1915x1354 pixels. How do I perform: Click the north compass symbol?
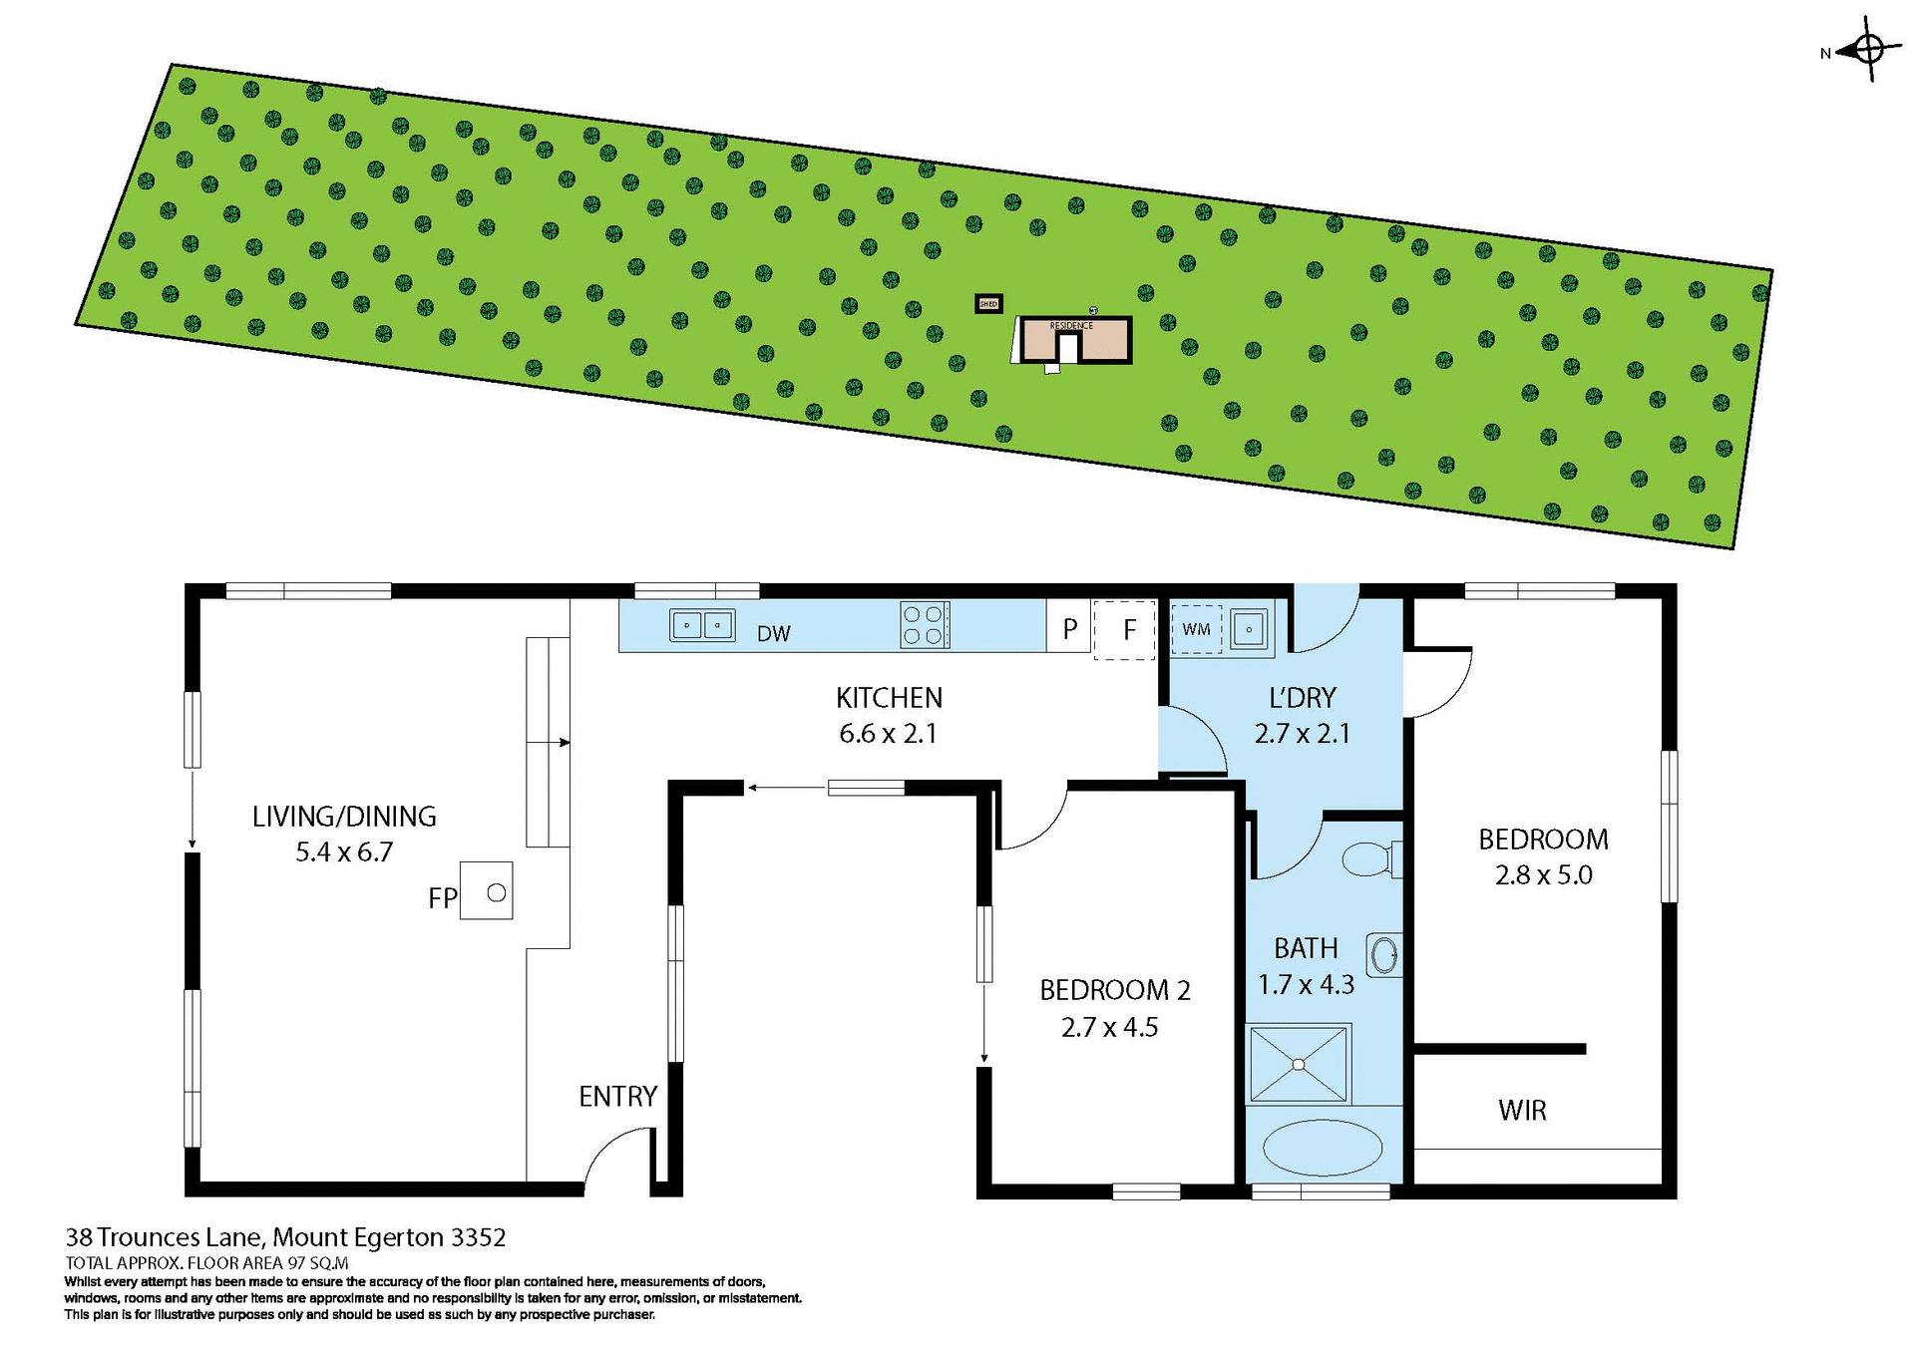tap(1869, 49)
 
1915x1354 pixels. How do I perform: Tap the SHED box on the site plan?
tap(988, 303)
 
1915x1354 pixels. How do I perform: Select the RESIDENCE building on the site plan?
tap(1075, 340)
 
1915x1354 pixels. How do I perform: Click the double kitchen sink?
tap(702, 625)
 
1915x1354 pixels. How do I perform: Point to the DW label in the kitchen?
tap(774, 634)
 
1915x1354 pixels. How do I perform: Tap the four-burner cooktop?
tap(924, 625)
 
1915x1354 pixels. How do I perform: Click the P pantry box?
tap(1069, 628)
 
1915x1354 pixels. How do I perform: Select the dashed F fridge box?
tap(1125, 629)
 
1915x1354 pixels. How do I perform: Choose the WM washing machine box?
tap(1196, 629)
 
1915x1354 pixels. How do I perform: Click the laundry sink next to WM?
tap(1249, 629)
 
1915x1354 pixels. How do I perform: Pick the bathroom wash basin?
tap(1383, 955)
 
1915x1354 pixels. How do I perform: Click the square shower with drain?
tap(1299, 1064)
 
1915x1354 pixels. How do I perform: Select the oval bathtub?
tap(1323, 1148)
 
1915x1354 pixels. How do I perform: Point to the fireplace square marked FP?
tap(487, 890)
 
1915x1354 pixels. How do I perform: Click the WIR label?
tap(1522, 1111)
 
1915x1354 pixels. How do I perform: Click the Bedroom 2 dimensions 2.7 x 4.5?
tap(1109, 1028)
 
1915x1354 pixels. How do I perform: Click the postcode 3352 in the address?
tap(479, 1238)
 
